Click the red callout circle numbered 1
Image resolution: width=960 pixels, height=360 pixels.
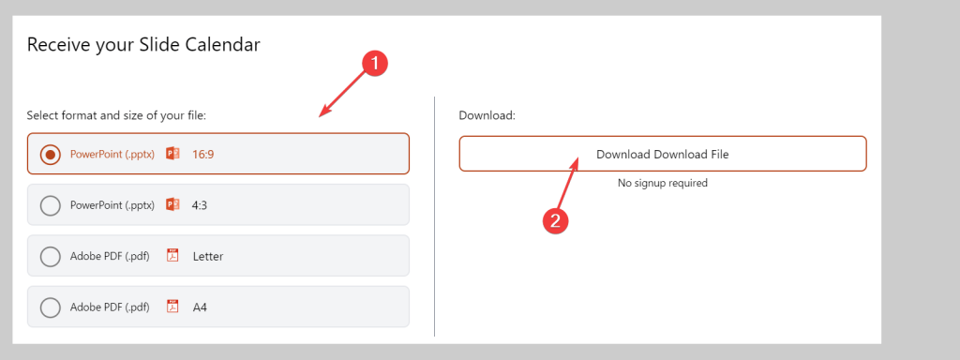(x=374, y=64)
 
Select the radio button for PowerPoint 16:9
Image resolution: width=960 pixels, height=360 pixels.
(x=52, y=154)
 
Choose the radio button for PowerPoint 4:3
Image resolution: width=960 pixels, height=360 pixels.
(x=52, y=204)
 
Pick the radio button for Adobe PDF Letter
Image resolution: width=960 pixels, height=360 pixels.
(x=52, y=256)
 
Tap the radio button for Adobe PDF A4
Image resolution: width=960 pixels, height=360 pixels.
(x=52, y=307)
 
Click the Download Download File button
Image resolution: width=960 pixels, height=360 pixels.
(x=662, y=154)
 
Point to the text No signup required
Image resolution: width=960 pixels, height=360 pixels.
(x=662, y=183)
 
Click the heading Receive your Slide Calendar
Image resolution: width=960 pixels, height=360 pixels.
(x=143, y=44)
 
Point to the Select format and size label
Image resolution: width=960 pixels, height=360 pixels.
(x=116, y=115)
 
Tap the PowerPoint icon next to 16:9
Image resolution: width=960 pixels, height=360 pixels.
(x=172, y=154)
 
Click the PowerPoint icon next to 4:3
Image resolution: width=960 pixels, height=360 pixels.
(x=172, y=204)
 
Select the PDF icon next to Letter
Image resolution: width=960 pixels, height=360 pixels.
(x=172, y=256)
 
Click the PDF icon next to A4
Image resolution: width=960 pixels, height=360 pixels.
(x=172, y=307)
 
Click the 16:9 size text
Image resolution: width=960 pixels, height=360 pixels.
(x=203, y=154)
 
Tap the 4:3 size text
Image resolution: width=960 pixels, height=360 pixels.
(x=200, y=204)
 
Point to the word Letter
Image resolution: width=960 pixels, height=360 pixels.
(x=207, y=256)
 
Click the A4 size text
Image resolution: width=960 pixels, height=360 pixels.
(x=199, y=307)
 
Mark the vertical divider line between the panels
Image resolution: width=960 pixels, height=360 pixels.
(x=435, y=216)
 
